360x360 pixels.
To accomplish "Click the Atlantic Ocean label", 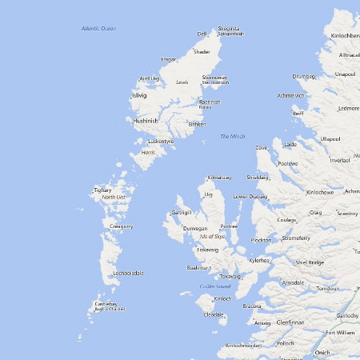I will pyautogui.click(x=98, y=28).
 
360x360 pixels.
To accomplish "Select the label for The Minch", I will pyautogui.click(x=233, y=137).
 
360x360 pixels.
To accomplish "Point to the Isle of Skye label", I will pyautogui.click(x=213, y=236).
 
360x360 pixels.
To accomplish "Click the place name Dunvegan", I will pyautogui.click(x=195, y=228).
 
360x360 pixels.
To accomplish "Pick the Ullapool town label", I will pyautogui.click(x=330, y=138).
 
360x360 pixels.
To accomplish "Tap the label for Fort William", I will pyautogui.click(x=340, y=332).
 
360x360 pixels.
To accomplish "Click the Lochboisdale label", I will pyautogui.click(x=128, y=273).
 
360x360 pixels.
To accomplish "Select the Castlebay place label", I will pyautogui.click(x=106, y=304).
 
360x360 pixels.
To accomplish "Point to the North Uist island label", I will pyautogui.click(x=114, y=197).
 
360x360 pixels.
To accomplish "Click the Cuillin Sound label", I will pyautogui.click(x=215, y=286).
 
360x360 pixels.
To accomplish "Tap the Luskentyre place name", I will pyautogui.click(x=161, y=142).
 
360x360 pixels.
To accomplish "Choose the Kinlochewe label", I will pyautogui.click(x=320, y=192).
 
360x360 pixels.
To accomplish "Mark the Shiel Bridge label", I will pyautogui.click(x=310, y=262).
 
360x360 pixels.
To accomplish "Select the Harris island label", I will pyautogui.click(x=148, y=152).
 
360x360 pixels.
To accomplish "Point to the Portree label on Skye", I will pyautogui.click(x=230, y=226).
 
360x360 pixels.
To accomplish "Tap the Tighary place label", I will pyautogui.click(x=103, y=190).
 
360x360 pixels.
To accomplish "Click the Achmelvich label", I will pyautogui.click(x=290, y=96).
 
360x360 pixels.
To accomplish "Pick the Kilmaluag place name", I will pyautogui.click(x=219, y=177).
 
